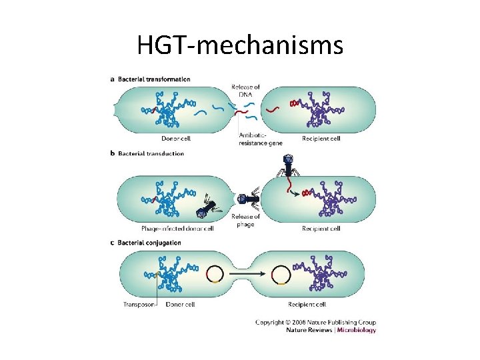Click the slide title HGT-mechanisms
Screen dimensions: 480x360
click(240, 45)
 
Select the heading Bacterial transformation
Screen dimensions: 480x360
click(154, 79)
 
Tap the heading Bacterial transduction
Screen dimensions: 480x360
click(151, 154)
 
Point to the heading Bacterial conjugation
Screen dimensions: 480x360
click(149, 243)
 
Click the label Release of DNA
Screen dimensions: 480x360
click(246, 91)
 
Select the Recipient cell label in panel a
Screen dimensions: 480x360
click(321, 139)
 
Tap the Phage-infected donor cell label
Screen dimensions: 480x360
click(177, 229)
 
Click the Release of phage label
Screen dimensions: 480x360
click(246, 220)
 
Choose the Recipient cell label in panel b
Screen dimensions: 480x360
click(321, 229)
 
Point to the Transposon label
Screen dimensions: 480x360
click(139, 305)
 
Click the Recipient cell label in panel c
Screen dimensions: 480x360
click(307, 305)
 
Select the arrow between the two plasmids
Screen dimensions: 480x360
click(247, 273)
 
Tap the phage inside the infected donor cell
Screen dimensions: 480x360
click(204, 211)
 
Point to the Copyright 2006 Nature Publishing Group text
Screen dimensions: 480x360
click(315, 323)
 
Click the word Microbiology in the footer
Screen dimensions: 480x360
click(357, 330)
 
